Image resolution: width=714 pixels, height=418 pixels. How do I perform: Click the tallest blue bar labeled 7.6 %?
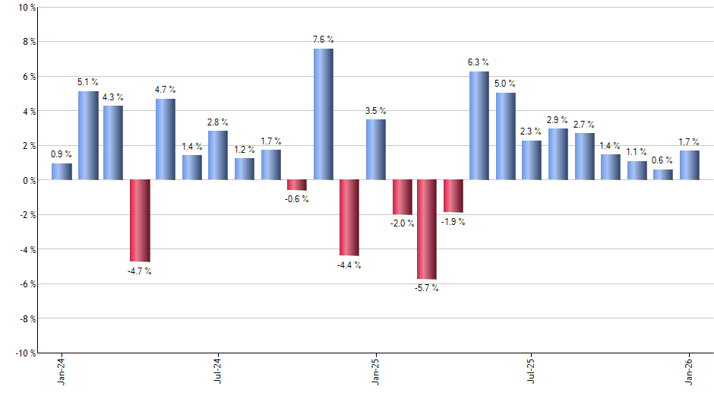click(323, 114)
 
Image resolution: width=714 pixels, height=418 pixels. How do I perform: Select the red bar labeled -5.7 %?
click(427, 230)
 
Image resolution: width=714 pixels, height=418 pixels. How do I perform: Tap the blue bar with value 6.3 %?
click(479, 125)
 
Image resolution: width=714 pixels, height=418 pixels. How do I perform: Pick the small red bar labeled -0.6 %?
click(296, 185)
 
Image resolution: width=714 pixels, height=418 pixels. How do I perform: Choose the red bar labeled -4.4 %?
click(349, 217)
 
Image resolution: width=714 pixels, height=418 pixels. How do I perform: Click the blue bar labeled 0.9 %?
click(62, 172)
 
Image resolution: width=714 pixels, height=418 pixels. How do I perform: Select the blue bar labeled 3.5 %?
click(375, 150)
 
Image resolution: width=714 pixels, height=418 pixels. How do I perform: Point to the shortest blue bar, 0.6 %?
click(662, 175)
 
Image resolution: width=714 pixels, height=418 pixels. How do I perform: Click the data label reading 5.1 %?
click(88, 81)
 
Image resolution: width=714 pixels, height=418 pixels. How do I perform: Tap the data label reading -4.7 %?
click(139, 271)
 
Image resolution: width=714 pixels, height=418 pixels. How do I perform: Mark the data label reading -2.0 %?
click(402, 223)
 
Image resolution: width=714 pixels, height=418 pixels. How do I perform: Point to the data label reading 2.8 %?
click(218, 122)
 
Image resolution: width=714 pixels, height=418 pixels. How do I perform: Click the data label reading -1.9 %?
click(453, 222)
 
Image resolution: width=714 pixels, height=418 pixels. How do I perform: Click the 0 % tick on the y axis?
click(28, 180)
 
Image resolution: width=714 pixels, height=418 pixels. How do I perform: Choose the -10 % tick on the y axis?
click(25, 353)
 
